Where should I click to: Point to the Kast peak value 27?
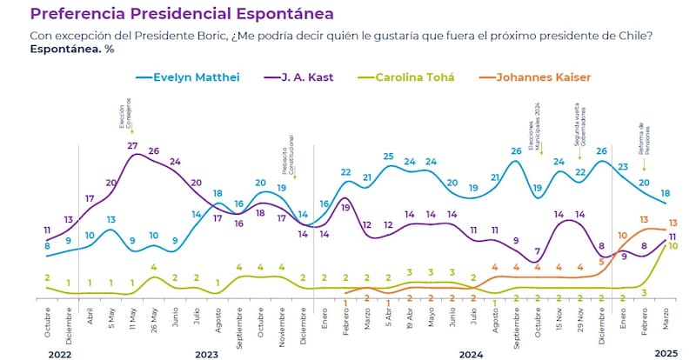click(x=132, y=145)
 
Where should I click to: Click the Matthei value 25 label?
click(x=389, y=157)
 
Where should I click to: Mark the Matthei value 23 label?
click(x=623, y=167)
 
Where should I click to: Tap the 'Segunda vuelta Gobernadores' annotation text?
click(x=579, y=127)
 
